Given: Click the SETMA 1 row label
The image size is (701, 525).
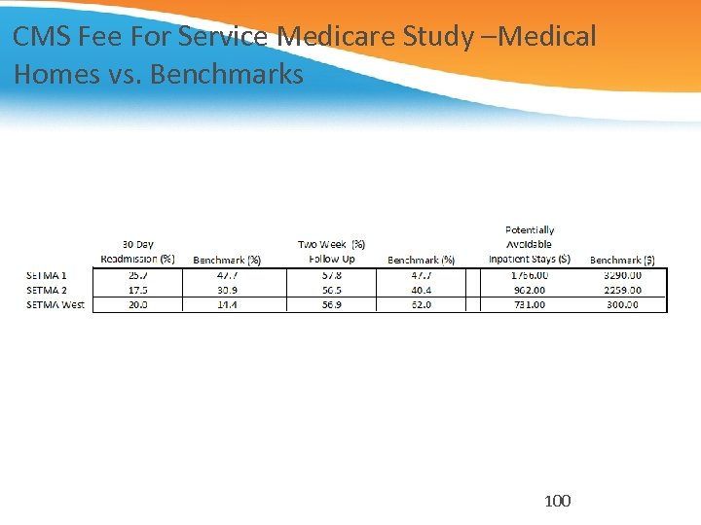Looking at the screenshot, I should point(47,275).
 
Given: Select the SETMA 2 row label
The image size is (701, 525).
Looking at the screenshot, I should point(47,290).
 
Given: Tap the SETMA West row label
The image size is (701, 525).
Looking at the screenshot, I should point(55,304).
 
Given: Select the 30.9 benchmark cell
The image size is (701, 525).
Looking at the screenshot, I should point(227,290).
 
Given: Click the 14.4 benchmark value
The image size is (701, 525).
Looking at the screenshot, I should point(227,304).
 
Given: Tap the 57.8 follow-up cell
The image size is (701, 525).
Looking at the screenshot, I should point(331,275).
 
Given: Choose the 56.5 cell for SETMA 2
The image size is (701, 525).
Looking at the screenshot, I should point(331,290).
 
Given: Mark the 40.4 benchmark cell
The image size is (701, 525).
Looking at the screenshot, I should point(421,290).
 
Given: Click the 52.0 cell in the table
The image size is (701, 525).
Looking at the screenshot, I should point(421,304).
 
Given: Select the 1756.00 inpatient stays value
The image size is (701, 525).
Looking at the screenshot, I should point(529,275).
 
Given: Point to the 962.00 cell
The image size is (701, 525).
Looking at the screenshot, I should point(531,290).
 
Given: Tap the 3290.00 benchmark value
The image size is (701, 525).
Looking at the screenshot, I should point(622,275).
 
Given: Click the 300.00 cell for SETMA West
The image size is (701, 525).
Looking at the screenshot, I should point(622,304).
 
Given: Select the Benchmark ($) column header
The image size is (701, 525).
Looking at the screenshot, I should point(622,260).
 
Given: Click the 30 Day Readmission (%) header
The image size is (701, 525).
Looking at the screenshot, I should point(137,252).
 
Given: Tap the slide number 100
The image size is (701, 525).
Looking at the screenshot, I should point(558,501).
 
